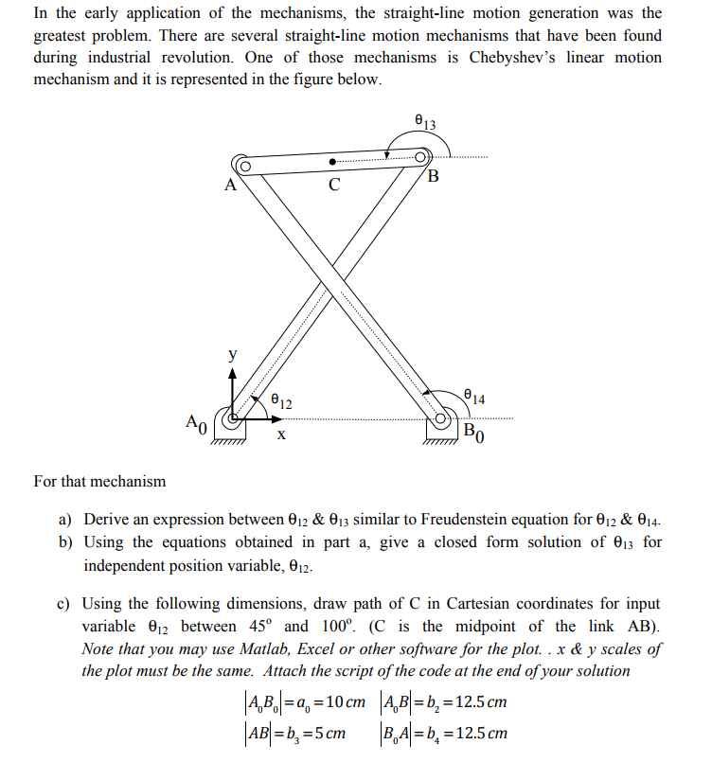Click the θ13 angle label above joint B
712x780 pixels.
click(425, 121)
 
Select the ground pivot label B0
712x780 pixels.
click(474, 435)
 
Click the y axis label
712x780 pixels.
click(232, 355)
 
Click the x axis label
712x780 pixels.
click(280, 436)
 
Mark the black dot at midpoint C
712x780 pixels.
click(332, 161)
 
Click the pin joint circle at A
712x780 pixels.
click(242, 168)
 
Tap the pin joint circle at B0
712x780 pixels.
click(442, 417)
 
